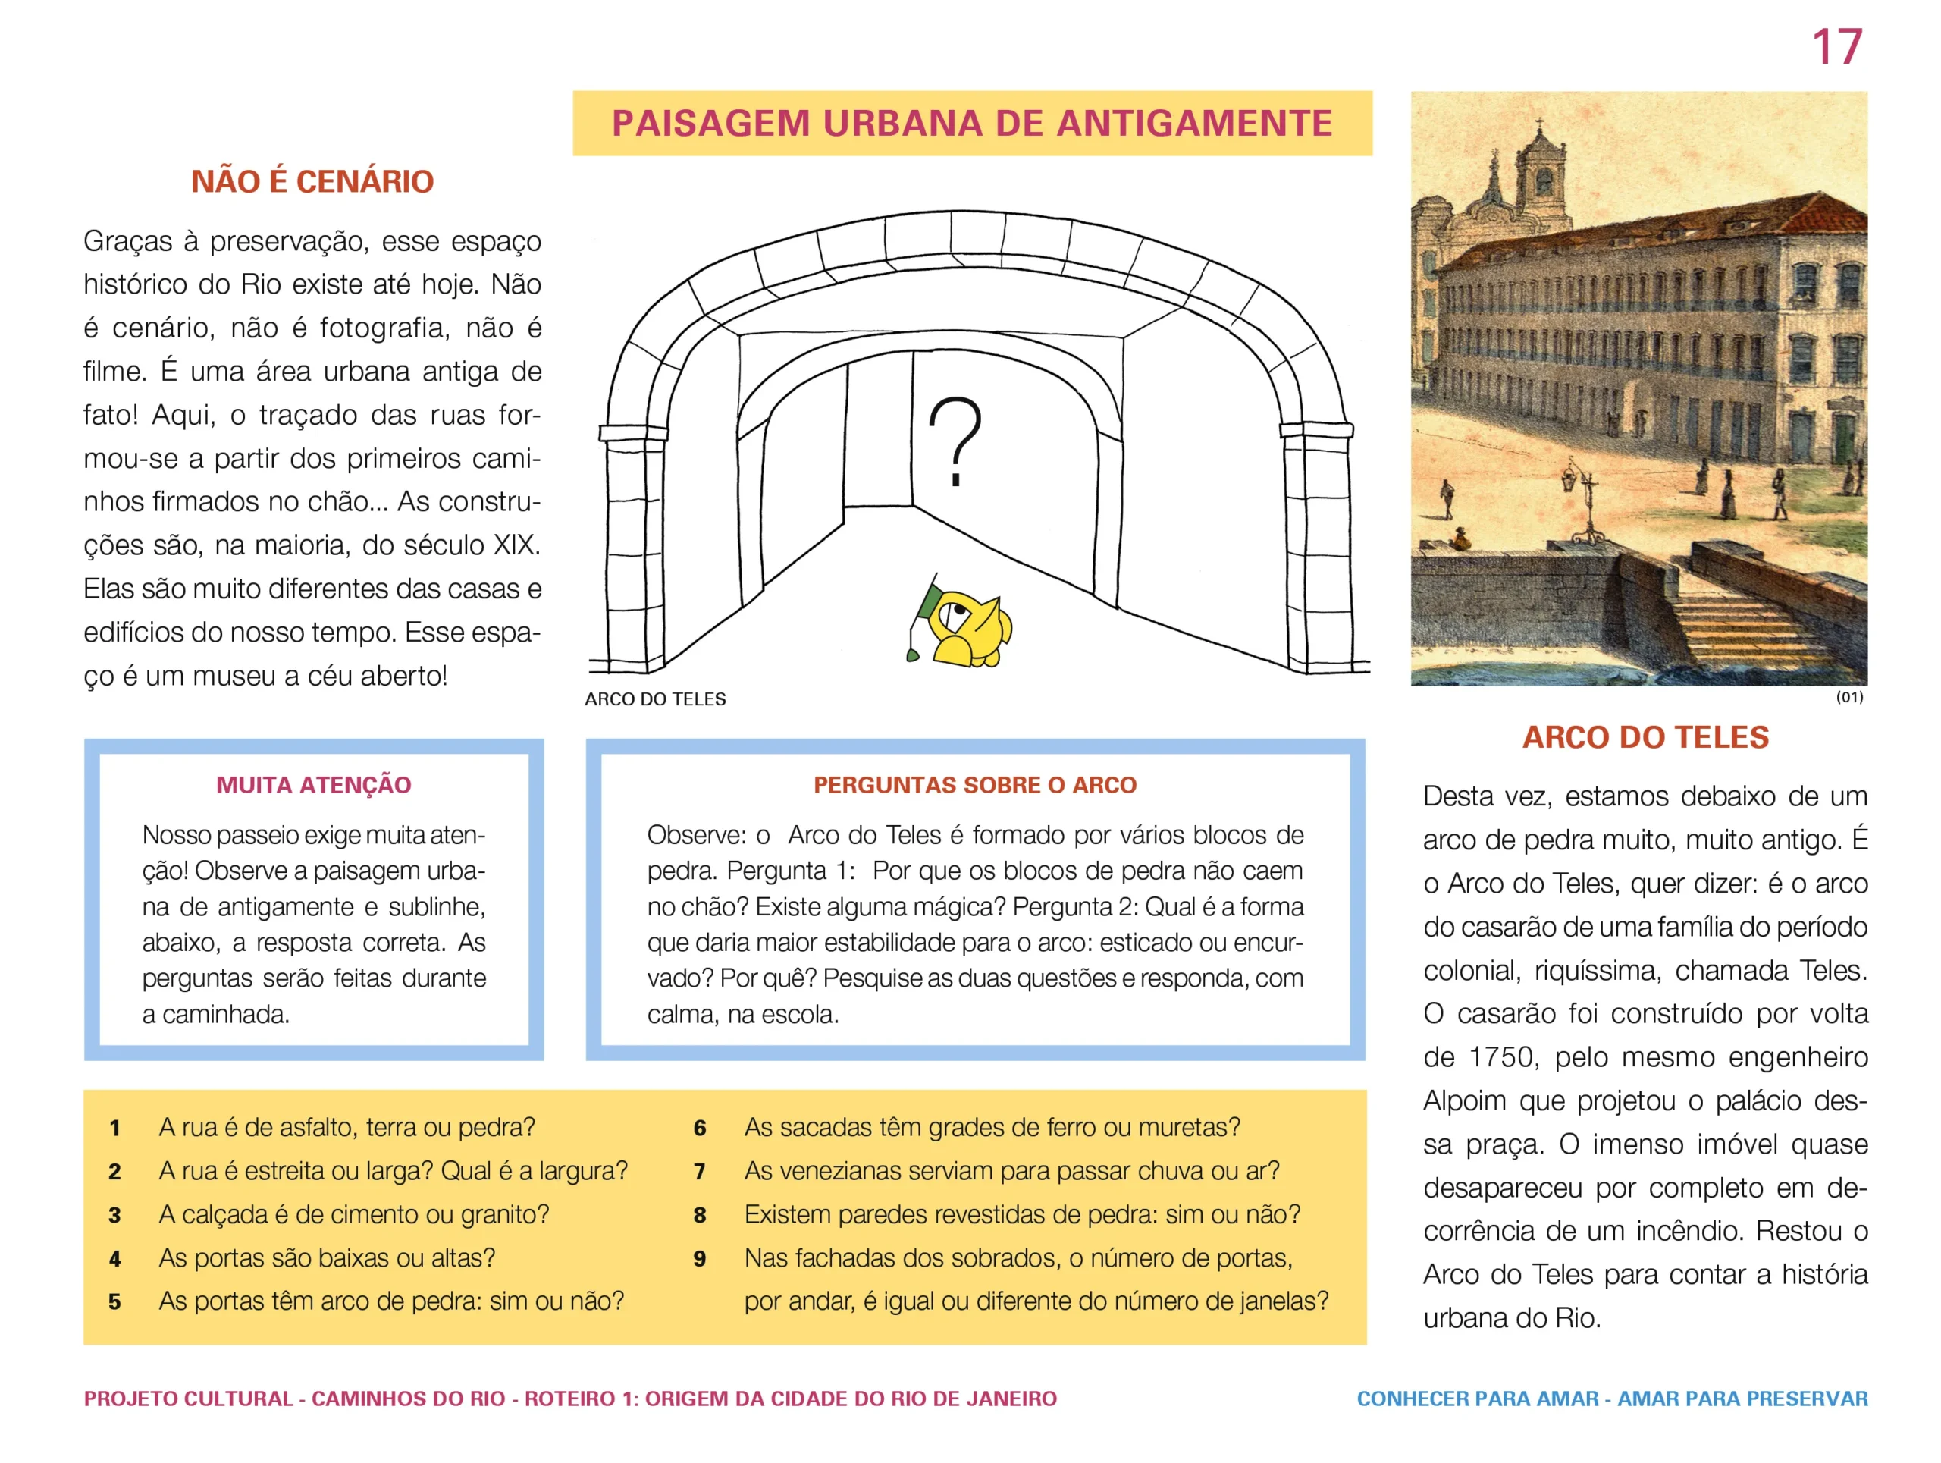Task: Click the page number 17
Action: (x=1836, y=47)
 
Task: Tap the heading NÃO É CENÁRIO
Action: (x=312, y=182)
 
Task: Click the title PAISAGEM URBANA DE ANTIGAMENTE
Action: (x=971, y=123)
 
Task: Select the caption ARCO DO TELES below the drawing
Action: (x=654, y=699)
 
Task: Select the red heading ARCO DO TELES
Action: (x=1645, y=737)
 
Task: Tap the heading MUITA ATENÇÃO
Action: (x=313, y=785)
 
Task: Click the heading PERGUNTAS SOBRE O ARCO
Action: (x=974, y=785)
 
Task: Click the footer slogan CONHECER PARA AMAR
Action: (x=1477, y=1399)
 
